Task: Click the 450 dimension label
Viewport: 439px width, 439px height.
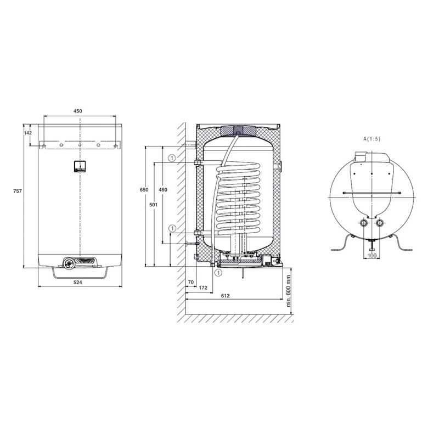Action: (x=77, y=111)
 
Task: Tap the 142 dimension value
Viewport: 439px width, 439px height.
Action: (x=28, y=133)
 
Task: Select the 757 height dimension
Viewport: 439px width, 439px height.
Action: (x=18, y=191)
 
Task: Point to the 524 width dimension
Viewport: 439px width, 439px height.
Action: (x=77, y=283)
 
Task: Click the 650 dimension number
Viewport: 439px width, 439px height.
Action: (x=144, y=190)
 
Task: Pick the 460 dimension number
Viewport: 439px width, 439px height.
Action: (x=162, y=190)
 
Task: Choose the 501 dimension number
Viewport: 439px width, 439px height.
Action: (x=153, y=205)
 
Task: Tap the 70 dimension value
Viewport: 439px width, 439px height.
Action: (x=190, y=282)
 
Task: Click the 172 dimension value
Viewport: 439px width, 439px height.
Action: (x=203, y=288)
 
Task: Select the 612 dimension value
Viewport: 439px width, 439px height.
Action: (x=225, y=296)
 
